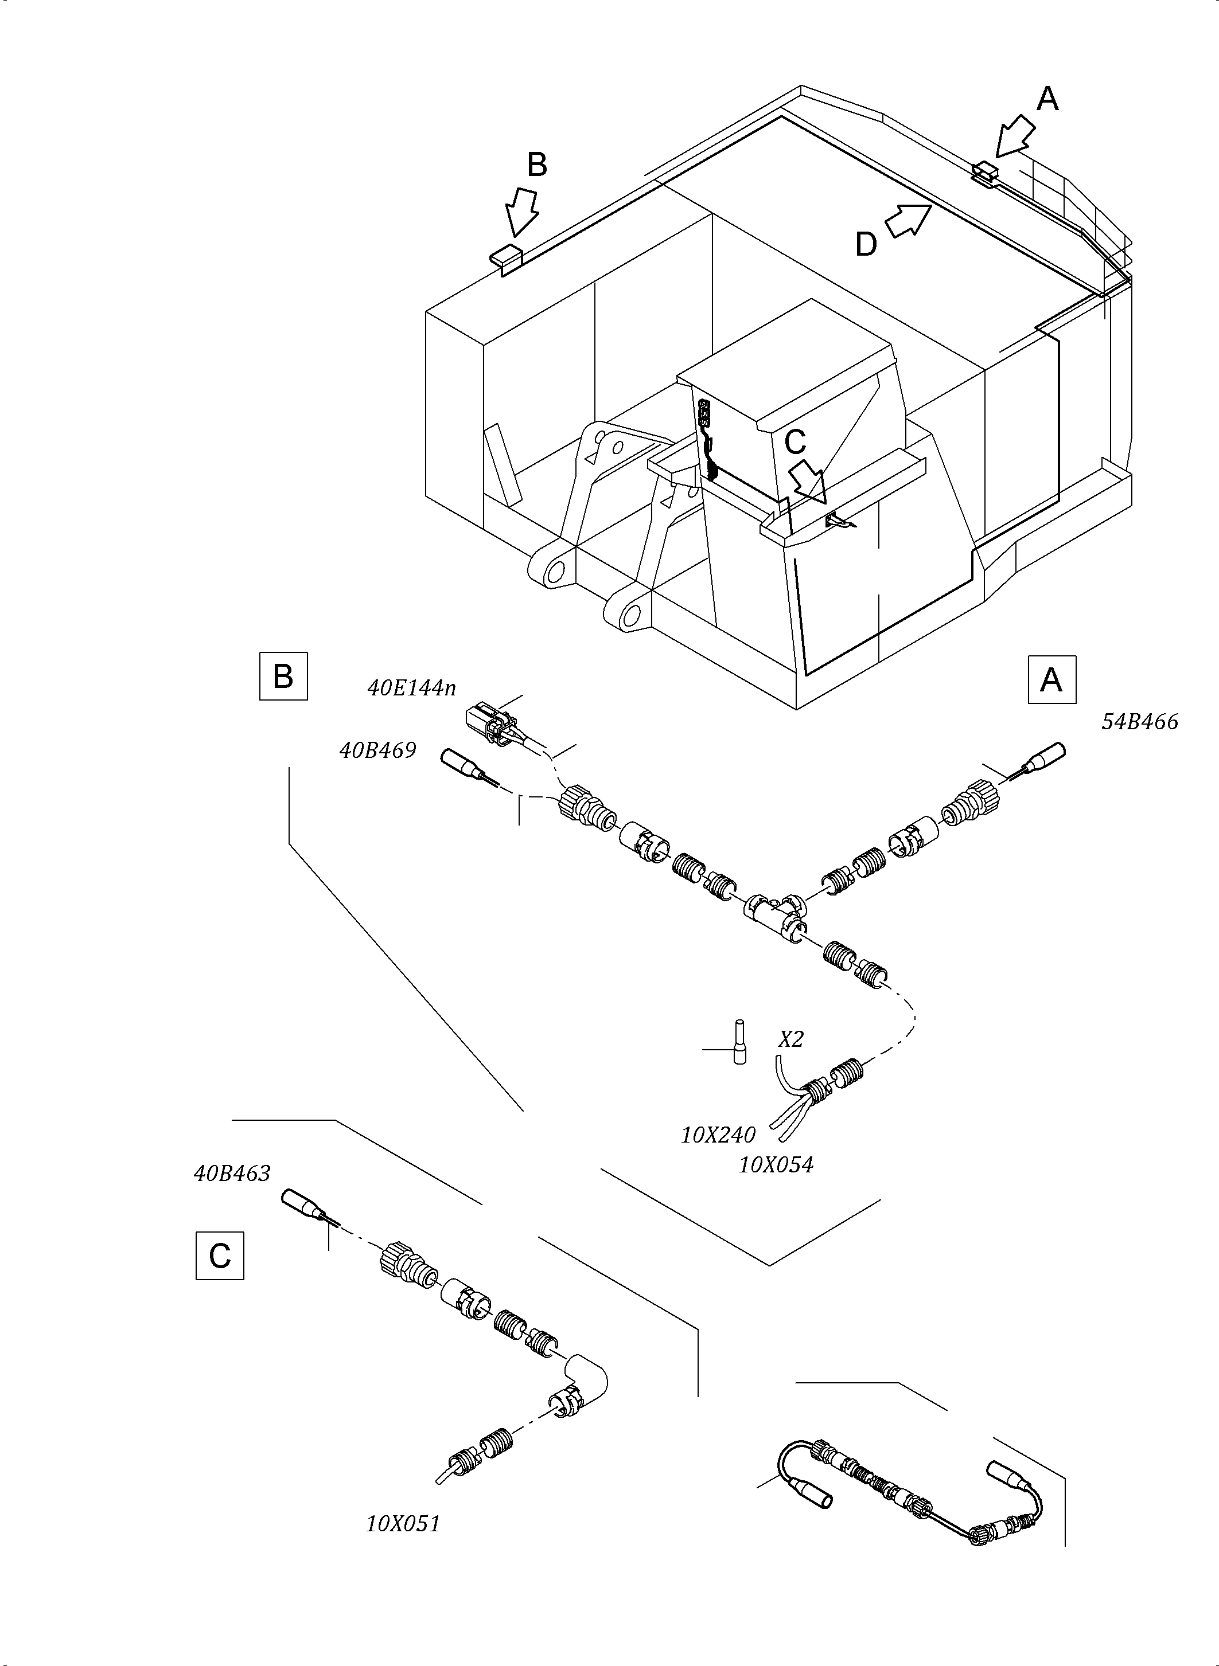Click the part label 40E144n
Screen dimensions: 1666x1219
pos(411,688)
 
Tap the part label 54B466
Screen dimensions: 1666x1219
pos(1139,721)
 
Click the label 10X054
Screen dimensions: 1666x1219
pos(776,1166)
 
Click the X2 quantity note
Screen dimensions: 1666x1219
pos(790,1040)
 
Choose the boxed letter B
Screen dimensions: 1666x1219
pos(283,675)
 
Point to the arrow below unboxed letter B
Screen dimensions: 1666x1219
pos(521,212)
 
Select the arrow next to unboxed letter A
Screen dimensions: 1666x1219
pos(1015,136)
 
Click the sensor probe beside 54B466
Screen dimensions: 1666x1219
pos(1046,757)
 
